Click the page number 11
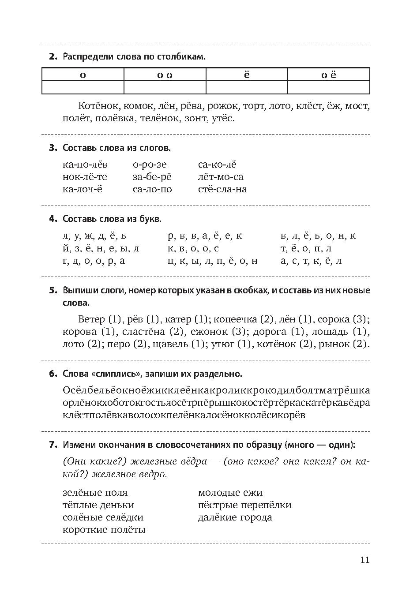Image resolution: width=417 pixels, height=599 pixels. (364, 560)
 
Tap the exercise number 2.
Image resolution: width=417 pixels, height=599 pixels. (53, 57)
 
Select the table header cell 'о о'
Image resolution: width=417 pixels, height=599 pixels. (165, 75)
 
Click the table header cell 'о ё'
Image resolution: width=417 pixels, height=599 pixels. (328, 75)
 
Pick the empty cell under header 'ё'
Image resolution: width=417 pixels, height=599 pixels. (247, 87)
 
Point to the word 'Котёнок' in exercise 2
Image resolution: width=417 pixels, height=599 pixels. (98, 106)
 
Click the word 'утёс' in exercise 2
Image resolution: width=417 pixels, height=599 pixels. (222, 119)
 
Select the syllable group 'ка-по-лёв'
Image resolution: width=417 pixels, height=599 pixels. (85, 165)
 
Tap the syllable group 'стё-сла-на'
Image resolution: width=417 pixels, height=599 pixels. (222, 189)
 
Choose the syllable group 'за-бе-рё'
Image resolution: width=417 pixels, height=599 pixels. (152, 177)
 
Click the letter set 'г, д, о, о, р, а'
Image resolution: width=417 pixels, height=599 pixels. (94, 261)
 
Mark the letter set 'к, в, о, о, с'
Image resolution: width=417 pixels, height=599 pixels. (193, 248)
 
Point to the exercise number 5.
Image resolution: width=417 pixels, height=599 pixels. (53, 291)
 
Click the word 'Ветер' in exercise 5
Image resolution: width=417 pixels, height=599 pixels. (91, 319)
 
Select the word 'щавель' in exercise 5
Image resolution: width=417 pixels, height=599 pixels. (170, 344)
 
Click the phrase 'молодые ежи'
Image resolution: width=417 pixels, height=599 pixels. (230, 493)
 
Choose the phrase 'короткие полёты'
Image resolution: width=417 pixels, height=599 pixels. (104, 530)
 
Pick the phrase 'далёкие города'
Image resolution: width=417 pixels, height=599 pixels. (235, 517)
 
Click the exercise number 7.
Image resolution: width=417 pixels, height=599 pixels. (53, 445)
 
